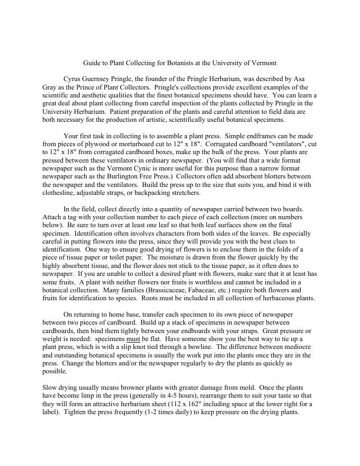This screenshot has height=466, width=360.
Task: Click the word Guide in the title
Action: point(93,63)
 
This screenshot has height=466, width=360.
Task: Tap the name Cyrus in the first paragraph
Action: point(73,79)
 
